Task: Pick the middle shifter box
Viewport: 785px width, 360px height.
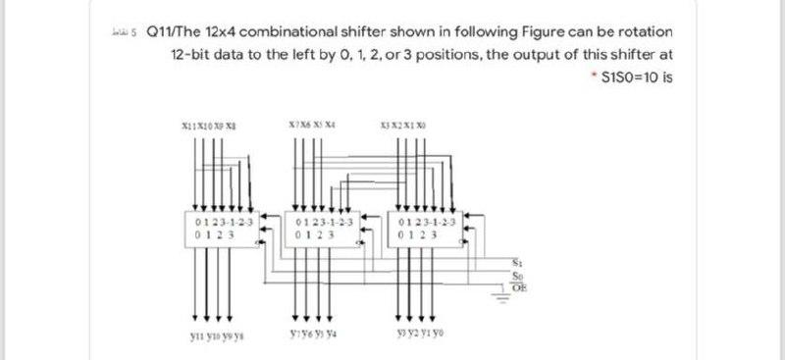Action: coord(325,229)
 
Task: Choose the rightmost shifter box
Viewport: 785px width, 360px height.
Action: coord(427,229)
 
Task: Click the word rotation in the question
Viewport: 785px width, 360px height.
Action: coord(644,33)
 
